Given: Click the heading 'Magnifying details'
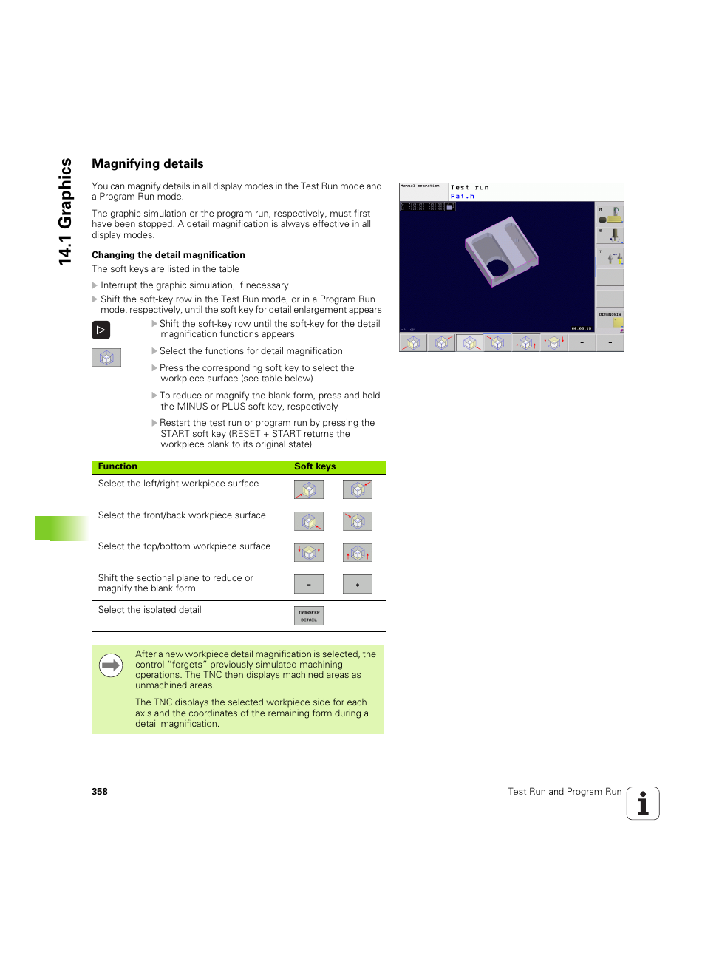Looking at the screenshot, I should pos(147,164).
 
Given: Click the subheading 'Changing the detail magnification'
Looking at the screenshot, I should pos(168,255).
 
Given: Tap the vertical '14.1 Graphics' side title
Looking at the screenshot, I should pos(66,211).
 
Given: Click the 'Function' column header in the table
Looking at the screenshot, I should pos(117,466).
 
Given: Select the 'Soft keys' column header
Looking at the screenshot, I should pos(315,466).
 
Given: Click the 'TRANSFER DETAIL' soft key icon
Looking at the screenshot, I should pos(309,616).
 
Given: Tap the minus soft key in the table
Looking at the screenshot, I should pos(309,585).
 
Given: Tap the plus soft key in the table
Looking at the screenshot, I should pos(357,585).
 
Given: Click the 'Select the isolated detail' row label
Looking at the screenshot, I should pos(149,610).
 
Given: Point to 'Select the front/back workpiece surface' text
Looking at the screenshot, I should pos(182,515).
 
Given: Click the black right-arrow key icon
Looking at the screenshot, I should pos(101,330).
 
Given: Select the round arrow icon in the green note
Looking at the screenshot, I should pos(111,666).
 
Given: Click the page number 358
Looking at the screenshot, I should pos(100,792).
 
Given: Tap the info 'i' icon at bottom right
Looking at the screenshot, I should pos(643,804).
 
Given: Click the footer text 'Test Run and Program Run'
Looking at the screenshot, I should pos(565,792).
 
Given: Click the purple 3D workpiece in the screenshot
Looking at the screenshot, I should pos(501,251).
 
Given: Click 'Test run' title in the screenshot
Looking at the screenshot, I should pos(469,188).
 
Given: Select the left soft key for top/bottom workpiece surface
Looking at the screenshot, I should pos(309,553).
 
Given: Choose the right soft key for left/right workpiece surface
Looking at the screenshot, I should pos(357,489).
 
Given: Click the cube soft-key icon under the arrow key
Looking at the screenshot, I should pos(106,358).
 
